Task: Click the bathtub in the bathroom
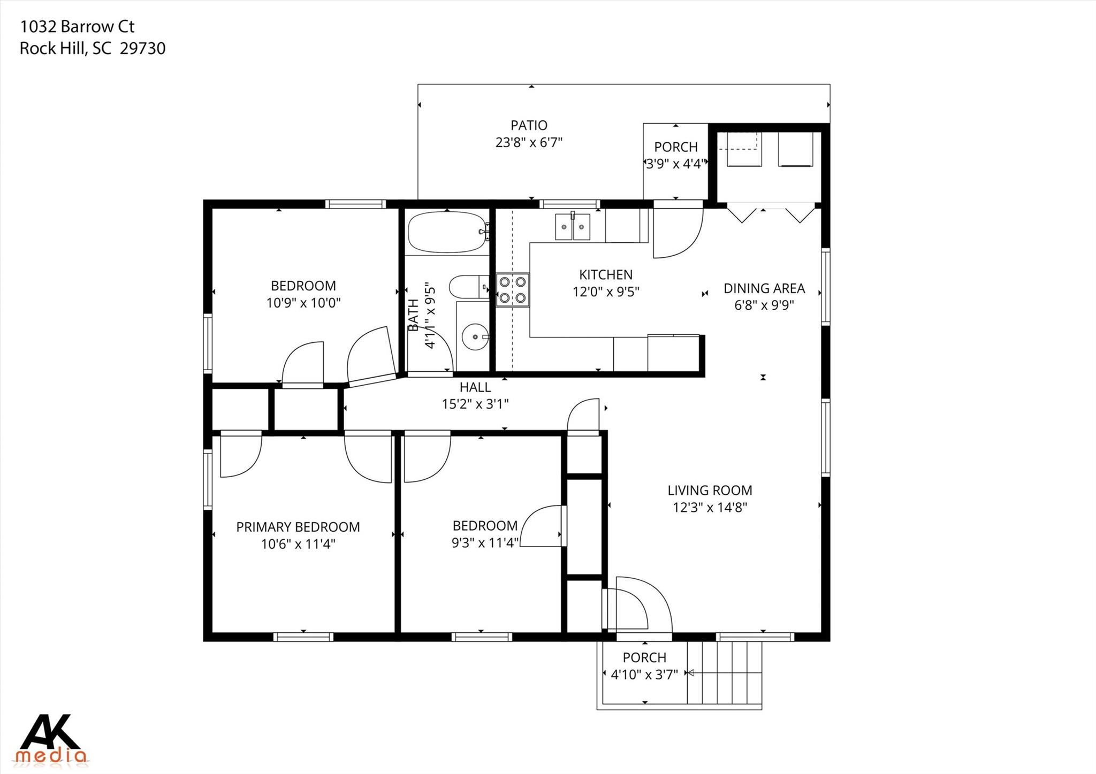447,232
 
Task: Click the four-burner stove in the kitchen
512,290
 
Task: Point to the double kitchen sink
573,227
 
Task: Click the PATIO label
529,125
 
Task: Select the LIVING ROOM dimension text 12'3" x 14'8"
710,507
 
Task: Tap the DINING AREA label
764,288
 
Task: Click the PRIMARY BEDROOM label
298,527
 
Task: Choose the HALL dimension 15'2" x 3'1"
475,404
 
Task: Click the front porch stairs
725,673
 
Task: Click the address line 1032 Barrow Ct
77,26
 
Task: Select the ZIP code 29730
142,49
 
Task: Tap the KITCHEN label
605,275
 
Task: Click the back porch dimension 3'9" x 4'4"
675,164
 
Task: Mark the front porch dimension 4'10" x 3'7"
644,675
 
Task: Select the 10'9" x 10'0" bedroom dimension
303,303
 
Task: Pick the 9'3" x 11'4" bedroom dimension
485,543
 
